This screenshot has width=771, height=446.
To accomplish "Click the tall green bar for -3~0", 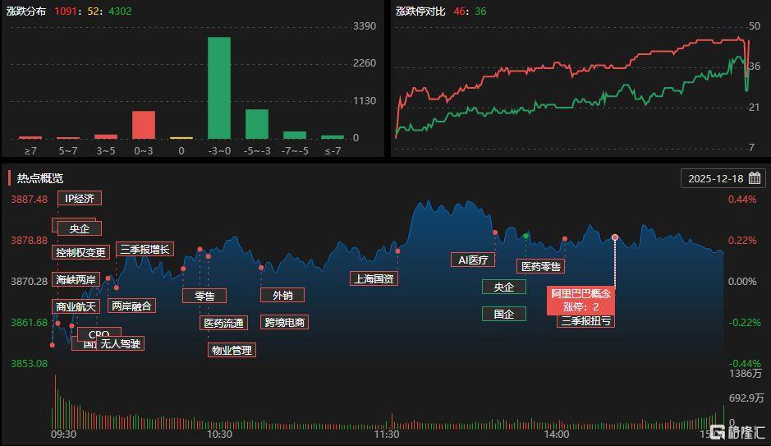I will coord(218,88).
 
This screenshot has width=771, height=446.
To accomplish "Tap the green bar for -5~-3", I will coord(256,123).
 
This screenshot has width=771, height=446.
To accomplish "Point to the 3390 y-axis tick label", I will coord(364,26).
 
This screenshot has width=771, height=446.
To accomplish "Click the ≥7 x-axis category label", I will coord(30,150).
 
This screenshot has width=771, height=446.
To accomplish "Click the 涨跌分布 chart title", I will coord(25,11).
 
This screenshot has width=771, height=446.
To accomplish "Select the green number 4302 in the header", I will coord(119,11).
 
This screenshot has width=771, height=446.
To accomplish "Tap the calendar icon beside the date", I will coord(755,178).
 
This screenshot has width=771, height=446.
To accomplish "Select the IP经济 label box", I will coord(80,198).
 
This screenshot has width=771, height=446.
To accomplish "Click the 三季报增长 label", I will coord(145,249).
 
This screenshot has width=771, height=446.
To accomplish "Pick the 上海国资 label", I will coord(374,278).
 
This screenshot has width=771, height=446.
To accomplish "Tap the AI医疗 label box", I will coord(473,260).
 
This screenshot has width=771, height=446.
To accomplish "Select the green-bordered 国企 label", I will coord(503,314).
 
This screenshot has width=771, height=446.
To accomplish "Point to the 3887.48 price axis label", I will coord(29,199).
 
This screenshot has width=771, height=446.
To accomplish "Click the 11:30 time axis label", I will coord(386,434).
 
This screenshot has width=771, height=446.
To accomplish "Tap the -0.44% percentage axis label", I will coord(743,363).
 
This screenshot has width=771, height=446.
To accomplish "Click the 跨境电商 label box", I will coord(284,322).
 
